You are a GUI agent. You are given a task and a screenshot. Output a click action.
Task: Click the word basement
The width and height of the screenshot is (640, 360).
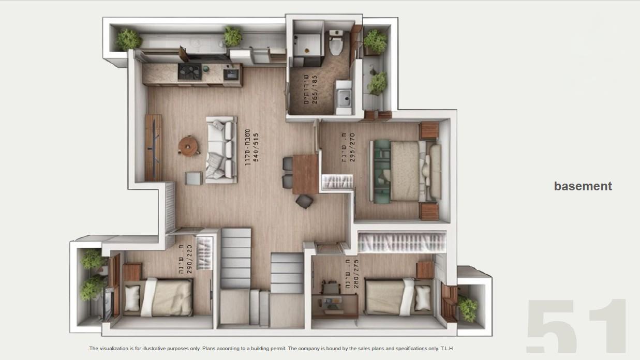pos(583,186)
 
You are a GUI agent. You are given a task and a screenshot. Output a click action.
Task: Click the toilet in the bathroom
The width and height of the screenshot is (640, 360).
pos(336,44)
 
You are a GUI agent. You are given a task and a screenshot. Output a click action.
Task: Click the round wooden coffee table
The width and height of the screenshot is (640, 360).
pos(188,145)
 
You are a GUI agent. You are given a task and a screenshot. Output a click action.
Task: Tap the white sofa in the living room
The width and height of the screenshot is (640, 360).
pos(222,149)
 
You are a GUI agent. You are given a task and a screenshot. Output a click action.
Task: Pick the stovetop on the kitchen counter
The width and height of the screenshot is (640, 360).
pos(189,72)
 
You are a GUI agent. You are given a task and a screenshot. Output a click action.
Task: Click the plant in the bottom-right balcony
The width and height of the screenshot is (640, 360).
pos(468,308)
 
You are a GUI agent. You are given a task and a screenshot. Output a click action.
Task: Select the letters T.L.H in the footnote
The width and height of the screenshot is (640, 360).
pos(446,349)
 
